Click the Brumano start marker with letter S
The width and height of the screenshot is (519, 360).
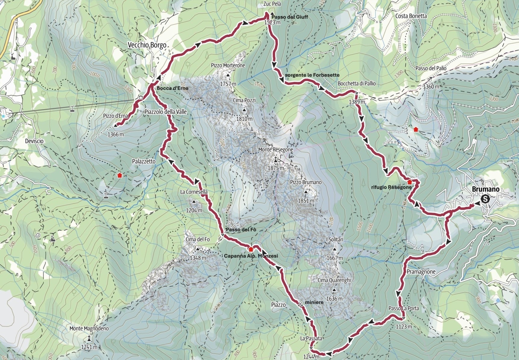(x=485, y=199)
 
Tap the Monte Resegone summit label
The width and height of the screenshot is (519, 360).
(x=275, y=150)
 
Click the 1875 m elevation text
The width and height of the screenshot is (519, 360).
(x=275, y=168)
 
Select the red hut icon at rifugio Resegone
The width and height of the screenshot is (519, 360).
(x=409, y=182)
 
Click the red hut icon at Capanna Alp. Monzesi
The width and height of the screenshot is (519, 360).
(x=251, y=249)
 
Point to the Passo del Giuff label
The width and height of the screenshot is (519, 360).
(x=290, y=17)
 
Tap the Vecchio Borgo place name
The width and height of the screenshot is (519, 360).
(x=147, y=45)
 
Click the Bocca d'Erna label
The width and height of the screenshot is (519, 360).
(x=172, y=88)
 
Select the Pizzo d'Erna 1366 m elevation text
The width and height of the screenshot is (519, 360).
(x=116, y=135)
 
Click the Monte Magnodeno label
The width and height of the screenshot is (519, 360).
(x=89, y=328)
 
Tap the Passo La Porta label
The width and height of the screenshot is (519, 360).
(x=403, y=308)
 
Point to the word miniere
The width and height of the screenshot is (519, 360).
(x=314, y=302)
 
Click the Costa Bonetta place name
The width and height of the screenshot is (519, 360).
(x=411, y=16)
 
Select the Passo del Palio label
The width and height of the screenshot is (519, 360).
(x=431, y=68)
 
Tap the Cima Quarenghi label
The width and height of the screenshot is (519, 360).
(x=334, y=280)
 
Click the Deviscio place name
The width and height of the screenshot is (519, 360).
(x=34, y=141)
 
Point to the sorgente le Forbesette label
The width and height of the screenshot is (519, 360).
(x=312, y=75)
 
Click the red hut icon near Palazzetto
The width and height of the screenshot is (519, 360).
(x=120, y=175)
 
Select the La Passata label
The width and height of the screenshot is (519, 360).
(x=311, y=338)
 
